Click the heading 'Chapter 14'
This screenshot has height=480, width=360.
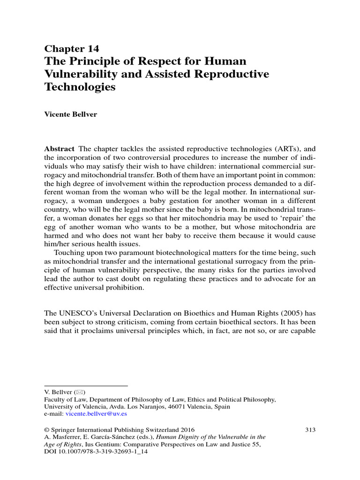click(71, 49)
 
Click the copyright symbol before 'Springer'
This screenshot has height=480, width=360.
click(47, 429)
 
